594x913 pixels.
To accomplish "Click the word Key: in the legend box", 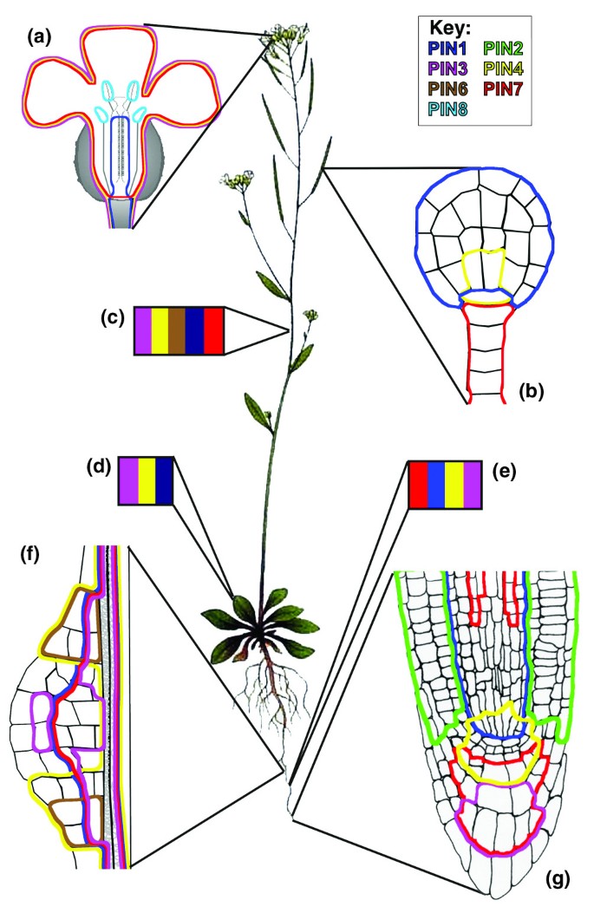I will [x=455, y=28].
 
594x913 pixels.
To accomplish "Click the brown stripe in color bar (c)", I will [x=179, y=331].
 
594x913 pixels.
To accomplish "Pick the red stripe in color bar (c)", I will [x=215, y=331].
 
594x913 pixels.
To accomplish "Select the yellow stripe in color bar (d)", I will [x=147, y=479].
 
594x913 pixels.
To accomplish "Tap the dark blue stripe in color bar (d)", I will [x=166, y=479].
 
